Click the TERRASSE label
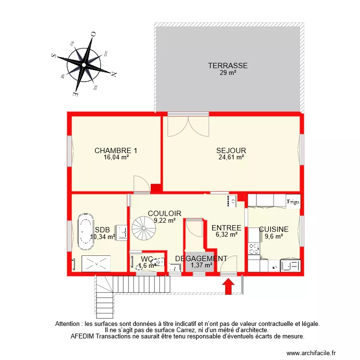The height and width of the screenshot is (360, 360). click(x=228, y=66)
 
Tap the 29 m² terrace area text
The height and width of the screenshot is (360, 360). click(x=228, y=73)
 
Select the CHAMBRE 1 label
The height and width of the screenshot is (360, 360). click(x=116, y=150)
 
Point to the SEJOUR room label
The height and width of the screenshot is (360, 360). click(x=231, y=150)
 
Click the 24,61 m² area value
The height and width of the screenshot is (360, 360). click(x=231, y=157)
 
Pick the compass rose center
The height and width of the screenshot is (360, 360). click(x=84, y=64)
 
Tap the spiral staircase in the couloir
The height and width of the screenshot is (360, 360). click(x=144, y=229)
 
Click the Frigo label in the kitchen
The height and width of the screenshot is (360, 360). click(x=293, y=202)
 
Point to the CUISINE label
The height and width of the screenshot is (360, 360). click(x=274, y=229)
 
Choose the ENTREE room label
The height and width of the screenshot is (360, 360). click(x=226, y=228)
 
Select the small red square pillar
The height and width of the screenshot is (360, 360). click(x=155, y=188)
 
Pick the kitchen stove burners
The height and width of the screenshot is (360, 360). click(x=253, y=249)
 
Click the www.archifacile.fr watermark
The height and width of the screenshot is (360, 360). click(x=312, y=353)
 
